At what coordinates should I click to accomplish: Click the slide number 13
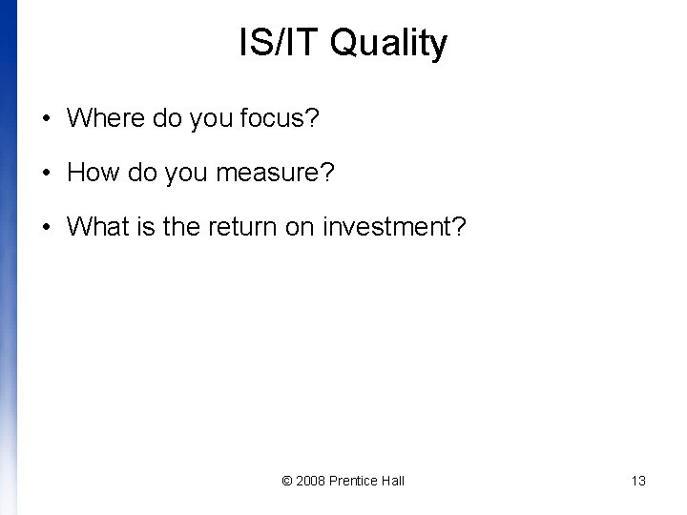tap(638, 481)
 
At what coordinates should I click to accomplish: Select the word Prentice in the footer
tap(355, 481)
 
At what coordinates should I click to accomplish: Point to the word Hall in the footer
tap(393, 481)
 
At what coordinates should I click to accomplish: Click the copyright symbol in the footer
tap(288, 481)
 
